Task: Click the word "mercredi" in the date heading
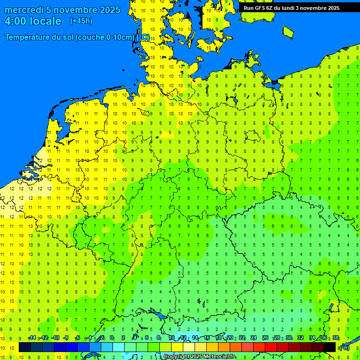[24, 10]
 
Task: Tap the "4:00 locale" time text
[33, 21]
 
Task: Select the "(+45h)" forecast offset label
[81, 21]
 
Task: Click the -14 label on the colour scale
[32, 338]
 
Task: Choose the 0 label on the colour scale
[112, 338]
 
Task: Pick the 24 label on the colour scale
[254, 338]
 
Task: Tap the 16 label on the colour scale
[207, 338]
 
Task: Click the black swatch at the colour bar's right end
[330, 347]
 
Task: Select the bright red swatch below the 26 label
[270, 347]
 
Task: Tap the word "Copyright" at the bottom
[176, 357]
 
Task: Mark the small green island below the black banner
[288, 31]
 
